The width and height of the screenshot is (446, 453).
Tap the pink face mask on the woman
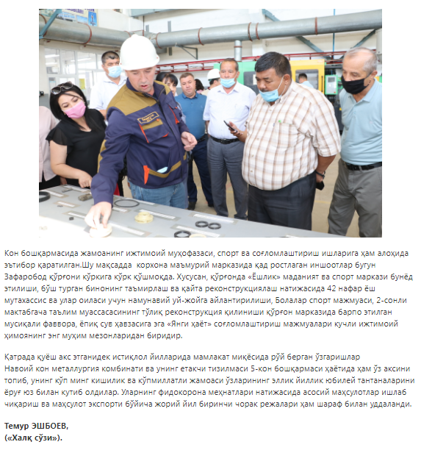tap(75, 110)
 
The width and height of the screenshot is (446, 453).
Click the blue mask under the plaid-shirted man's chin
tap(270, 93)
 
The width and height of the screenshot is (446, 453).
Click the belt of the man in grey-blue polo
tap(363, 166)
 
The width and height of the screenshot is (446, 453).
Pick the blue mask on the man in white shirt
tap(228, 82)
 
